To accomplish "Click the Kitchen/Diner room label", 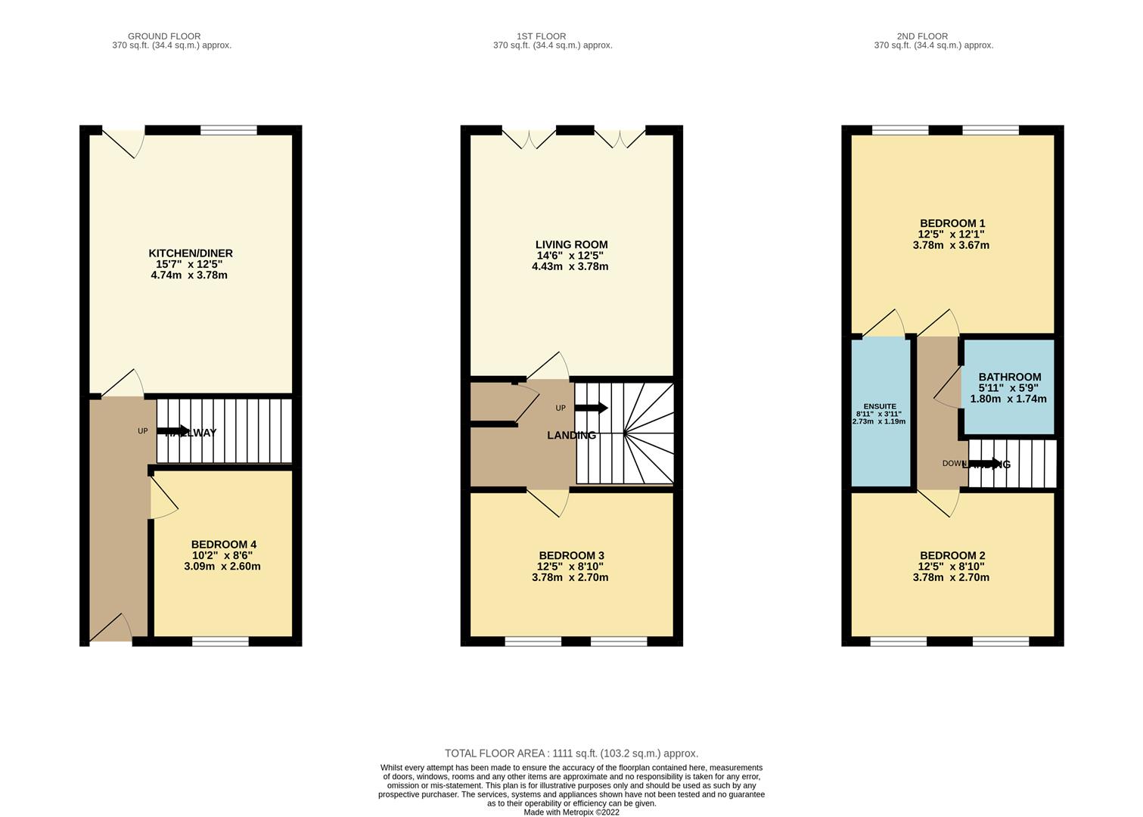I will click(190, 253).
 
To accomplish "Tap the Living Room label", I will click(571, 244).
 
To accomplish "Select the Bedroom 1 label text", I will click(952, 223).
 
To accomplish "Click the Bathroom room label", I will click(1009, 377).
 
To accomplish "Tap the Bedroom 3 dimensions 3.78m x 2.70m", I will click(570, 577).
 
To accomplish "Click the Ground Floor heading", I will click(164, 36).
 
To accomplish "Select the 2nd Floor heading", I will click(922, 36).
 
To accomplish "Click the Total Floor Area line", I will click(571, 753).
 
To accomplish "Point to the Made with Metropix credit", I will click(571, 812).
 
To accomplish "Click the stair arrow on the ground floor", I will click(174, 431).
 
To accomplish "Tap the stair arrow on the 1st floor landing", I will click(591, 408).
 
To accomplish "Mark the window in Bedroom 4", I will click(220, 641).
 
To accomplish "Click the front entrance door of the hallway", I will click(110, 629).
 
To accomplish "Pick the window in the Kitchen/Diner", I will click(228, 130).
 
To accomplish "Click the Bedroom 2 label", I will click(952, 555).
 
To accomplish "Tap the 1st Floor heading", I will click(541, 36).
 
